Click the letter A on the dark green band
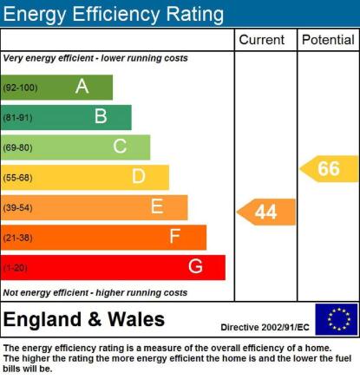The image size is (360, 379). pos(82,86)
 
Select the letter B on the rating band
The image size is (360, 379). pos(101,116)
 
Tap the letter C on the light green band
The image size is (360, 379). pos(120,146)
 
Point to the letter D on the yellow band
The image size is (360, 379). pos(139,176)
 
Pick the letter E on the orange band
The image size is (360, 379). pos(157,206)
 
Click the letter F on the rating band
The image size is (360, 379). pos(175,236)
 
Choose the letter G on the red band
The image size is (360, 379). pos(195,266)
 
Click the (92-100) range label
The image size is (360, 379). pos(20,88)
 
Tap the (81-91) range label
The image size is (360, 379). pos(17,118)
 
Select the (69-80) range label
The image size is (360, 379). pos(17,147)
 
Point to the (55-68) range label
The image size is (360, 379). pos(17,178)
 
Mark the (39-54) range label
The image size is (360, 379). pos(17,208)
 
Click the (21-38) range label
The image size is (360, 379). pos(17,238)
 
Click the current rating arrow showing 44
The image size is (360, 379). pos(266,212)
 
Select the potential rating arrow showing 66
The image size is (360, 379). pos(329,169)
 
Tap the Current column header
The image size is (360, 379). pos(262,40)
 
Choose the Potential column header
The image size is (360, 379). pos(328,40)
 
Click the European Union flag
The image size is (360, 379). pos(337,319)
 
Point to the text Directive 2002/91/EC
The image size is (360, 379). pos(265,327)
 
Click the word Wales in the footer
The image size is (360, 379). pos(136,319)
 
